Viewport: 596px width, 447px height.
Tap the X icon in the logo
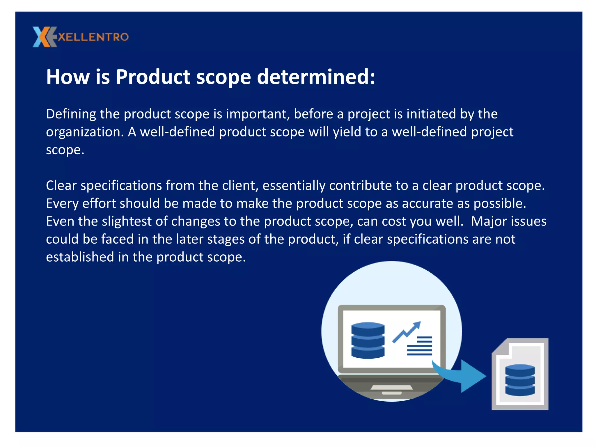[44, 37]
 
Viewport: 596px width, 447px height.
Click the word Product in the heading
[153, 77]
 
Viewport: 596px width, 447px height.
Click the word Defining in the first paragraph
[71, 114]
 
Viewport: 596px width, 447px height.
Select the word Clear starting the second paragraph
[61, 186]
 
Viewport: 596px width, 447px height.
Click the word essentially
[294, 186]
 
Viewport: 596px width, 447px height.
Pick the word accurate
[427, 203]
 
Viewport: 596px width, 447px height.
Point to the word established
[80, 257]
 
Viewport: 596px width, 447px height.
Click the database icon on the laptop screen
[368, 340]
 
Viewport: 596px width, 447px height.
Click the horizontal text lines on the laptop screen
[420, 346]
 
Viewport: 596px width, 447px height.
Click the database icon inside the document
[520, 380]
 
